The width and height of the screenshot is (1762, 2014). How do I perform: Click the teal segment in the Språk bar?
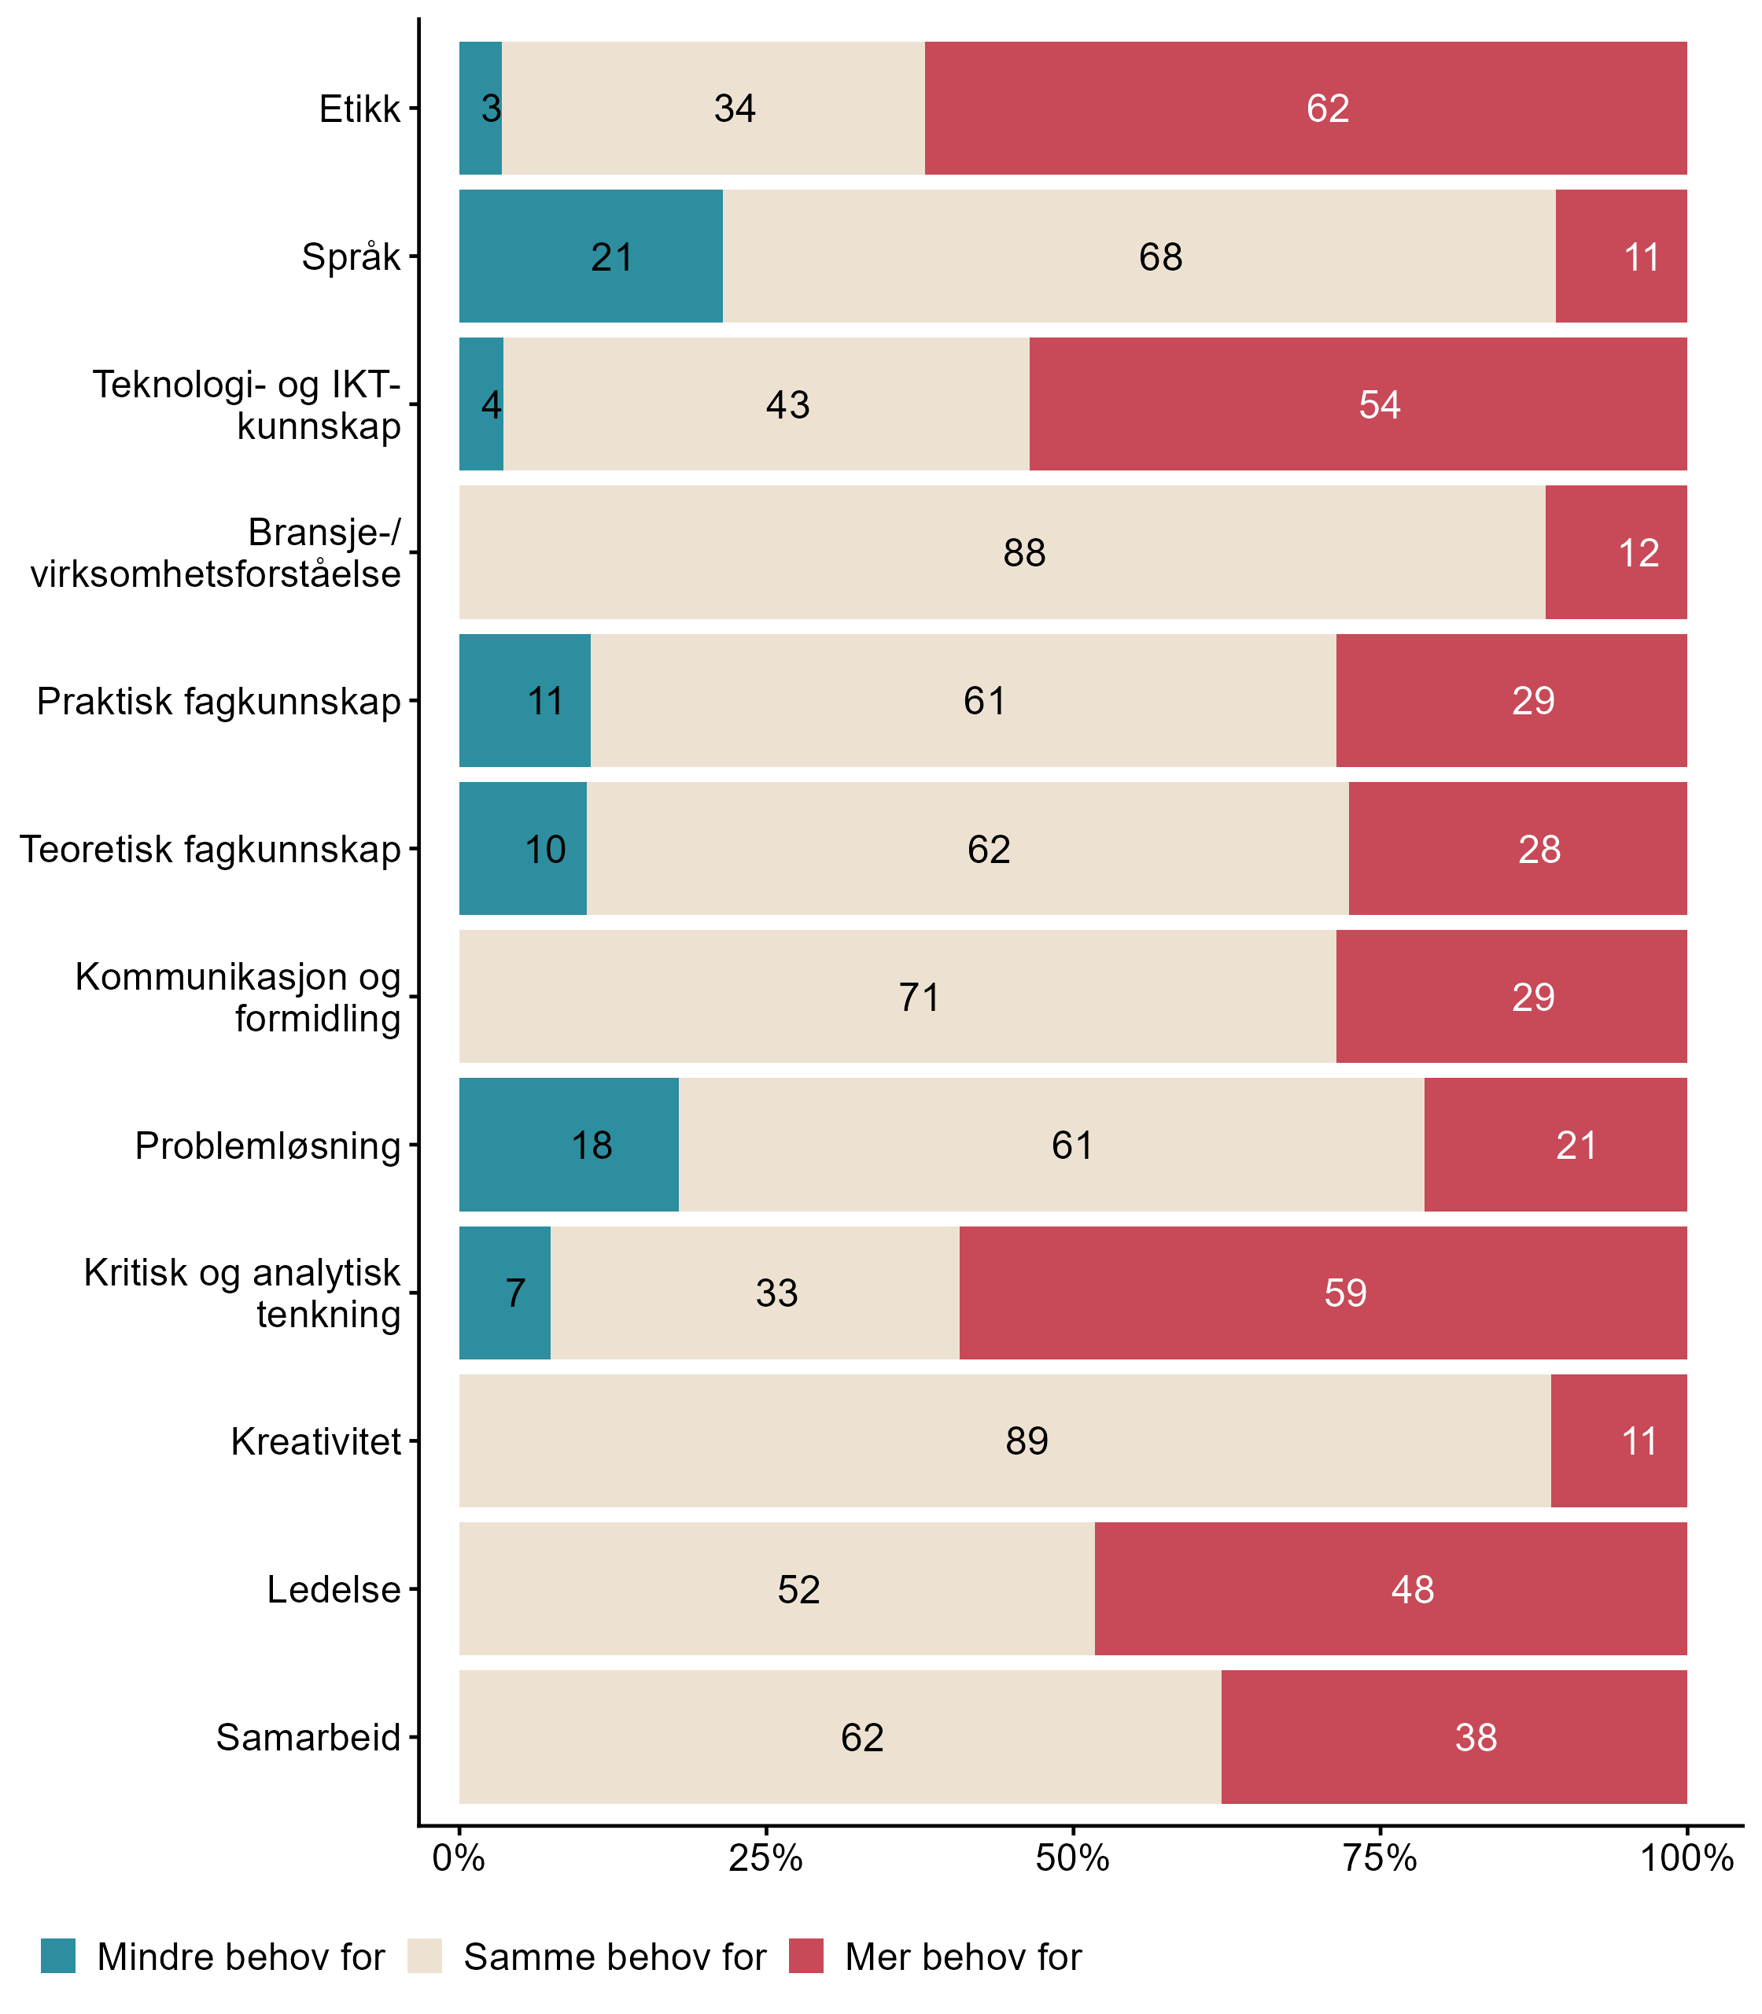(590, 256)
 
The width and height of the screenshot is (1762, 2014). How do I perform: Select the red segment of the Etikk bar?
(1306, 109)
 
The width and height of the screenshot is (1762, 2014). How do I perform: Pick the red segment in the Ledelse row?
(1391, 1589)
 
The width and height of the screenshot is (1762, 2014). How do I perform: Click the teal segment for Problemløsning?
(568, 1145)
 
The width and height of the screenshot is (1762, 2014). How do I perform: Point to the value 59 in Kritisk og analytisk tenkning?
(1344, 1293)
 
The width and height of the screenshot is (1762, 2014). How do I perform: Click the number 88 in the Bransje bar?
(1023, 552)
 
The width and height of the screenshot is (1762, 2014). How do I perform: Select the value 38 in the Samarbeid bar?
(1475, 1738)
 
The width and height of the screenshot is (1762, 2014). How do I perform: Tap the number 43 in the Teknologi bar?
(787, 405)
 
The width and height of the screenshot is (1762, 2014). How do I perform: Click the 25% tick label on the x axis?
(766, 1858)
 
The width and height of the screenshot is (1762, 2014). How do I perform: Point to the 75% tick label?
(1380, 1858)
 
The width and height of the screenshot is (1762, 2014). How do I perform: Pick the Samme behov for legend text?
(614, 1957)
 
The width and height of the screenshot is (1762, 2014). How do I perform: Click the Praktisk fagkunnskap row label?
(219, 701)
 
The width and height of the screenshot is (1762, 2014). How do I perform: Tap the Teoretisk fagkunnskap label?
(211, 849)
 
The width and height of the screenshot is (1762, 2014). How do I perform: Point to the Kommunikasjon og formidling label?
(238, 998)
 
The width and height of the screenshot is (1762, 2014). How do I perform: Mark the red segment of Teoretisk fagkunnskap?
(1517, 849)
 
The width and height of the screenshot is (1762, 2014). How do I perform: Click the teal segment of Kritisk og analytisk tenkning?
(504, 1293)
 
